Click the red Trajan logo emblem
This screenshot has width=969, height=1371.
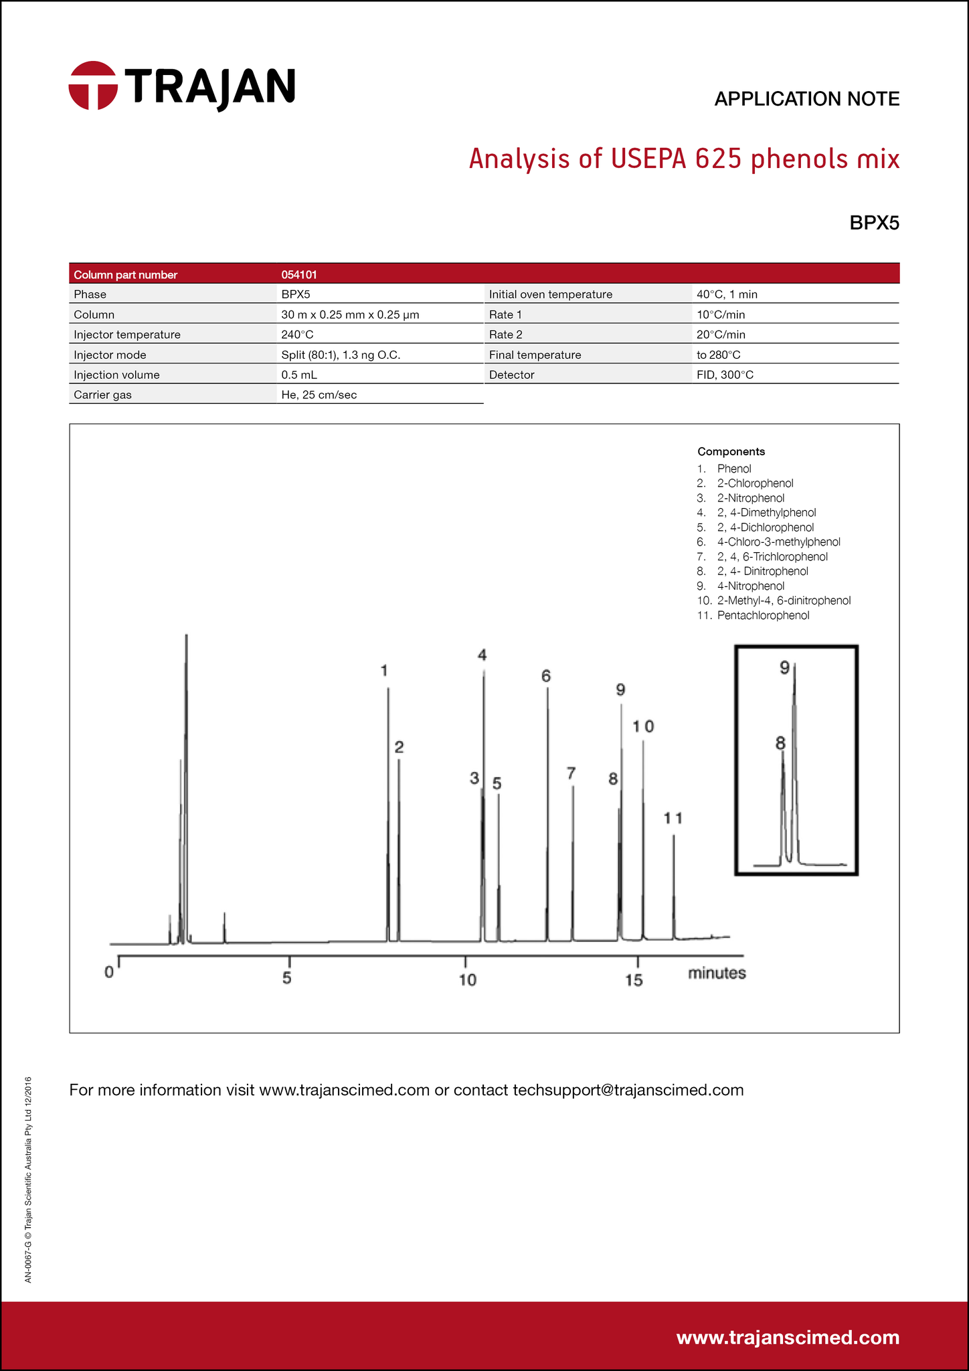pyautogui.click(x=92, y=85)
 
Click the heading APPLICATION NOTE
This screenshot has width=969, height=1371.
pyautogui.click(x=806, y=99)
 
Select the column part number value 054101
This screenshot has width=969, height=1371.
pyautogui.click(x=299, y=274)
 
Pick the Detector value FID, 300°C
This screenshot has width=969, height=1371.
pyautogui.click(x=725, y=375)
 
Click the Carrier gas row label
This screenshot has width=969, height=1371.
pyautogui.click(x=102, y=395)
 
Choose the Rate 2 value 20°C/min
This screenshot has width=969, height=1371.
pyautogui.click(x=721, y=334)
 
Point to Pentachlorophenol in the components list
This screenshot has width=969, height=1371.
pyautogui.click(x=763, y=615)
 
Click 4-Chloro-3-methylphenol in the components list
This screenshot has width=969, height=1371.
pyautogui.click(x=778, y=542)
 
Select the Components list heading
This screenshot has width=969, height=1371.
pyautogui.click(x=731, y=451)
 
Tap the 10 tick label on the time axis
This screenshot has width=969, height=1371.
pyautogui.click(x=467, y=980)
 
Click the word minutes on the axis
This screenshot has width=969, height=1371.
pyautogui.click(x=717, y=973)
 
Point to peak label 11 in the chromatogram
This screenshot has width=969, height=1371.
pyautogui.click(x=673, y=818)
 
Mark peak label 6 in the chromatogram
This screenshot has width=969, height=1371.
pyautogui.click(x=546, y=676)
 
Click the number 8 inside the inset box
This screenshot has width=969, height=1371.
pyautogui.click(x=780, y=742)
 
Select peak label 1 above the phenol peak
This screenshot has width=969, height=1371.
pyautogui.click(x=384, y=670)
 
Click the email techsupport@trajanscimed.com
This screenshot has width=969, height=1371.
pyautogui.click(x=628, y=1090)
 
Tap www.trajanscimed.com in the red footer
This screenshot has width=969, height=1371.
pyautogui.click(x=788, y=1337)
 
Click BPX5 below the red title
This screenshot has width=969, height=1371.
pyautogui.click(x=874, y=223)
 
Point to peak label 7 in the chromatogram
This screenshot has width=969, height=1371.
pyautogui.click(x=571, y=773)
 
